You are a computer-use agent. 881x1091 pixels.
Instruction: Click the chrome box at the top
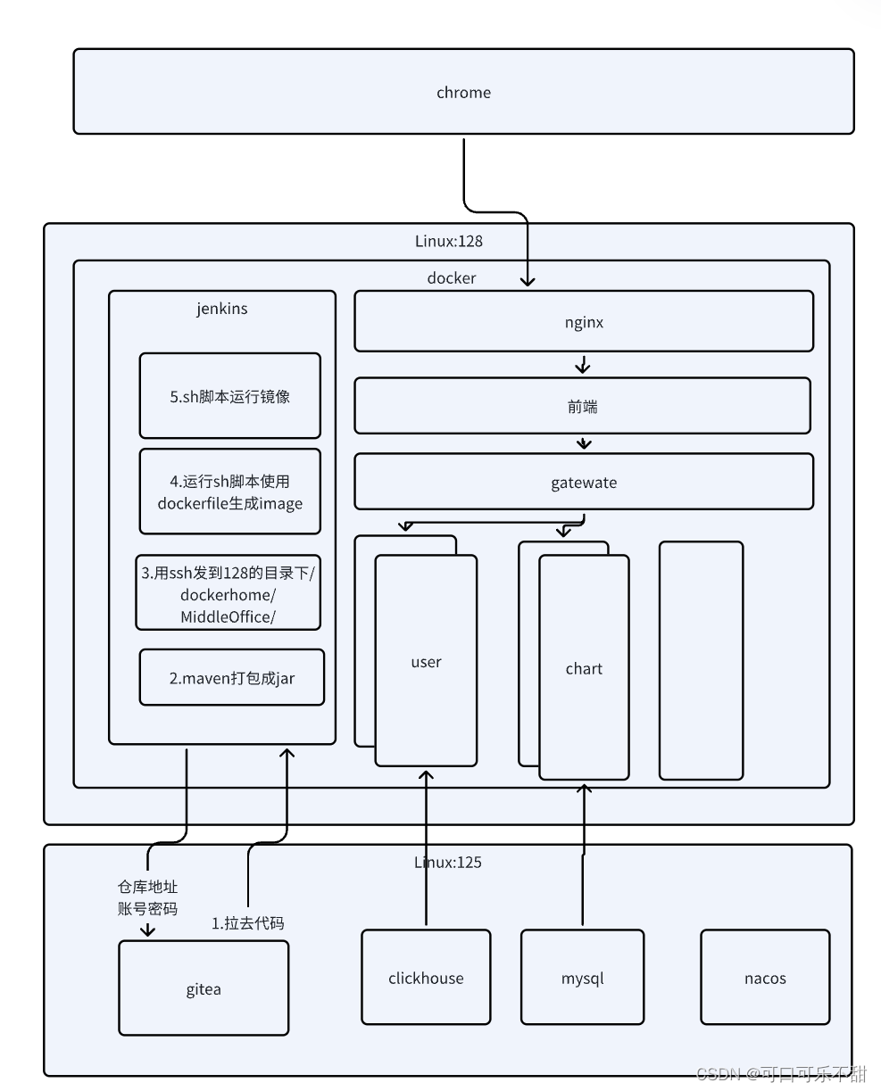[463, 92]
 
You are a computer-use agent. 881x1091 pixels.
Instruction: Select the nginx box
[584, 322]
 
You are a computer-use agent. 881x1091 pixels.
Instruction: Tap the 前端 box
[582, 407]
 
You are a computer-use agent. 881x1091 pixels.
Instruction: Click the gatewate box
[584, 483]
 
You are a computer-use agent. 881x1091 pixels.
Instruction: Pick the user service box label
[426, 662]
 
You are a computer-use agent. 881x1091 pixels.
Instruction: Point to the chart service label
[584, 669]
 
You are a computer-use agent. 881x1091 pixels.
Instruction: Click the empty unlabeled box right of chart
[701, 660]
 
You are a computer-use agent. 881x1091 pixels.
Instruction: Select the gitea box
[204, 988]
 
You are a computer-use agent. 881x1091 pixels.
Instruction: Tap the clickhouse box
[426, 978]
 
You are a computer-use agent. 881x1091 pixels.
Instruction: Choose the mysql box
[582, 978]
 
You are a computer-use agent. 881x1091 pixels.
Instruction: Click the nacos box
[765, 978]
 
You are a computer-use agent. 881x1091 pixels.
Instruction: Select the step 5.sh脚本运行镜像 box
[230, 397]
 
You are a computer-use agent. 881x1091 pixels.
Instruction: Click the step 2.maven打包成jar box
[232, 678]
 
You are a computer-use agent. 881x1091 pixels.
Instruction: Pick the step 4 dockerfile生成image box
[230, 492]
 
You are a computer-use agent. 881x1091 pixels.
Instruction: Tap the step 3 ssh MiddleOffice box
[229, 594]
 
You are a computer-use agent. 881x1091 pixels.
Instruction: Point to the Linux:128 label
[449, 241]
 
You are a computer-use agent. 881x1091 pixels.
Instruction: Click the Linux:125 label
[448, 863]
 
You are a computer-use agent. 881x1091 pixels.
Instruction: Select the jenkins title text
[222, 309]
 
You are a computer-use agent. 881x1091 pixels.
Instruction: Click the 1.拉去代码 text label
[248, 923]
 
